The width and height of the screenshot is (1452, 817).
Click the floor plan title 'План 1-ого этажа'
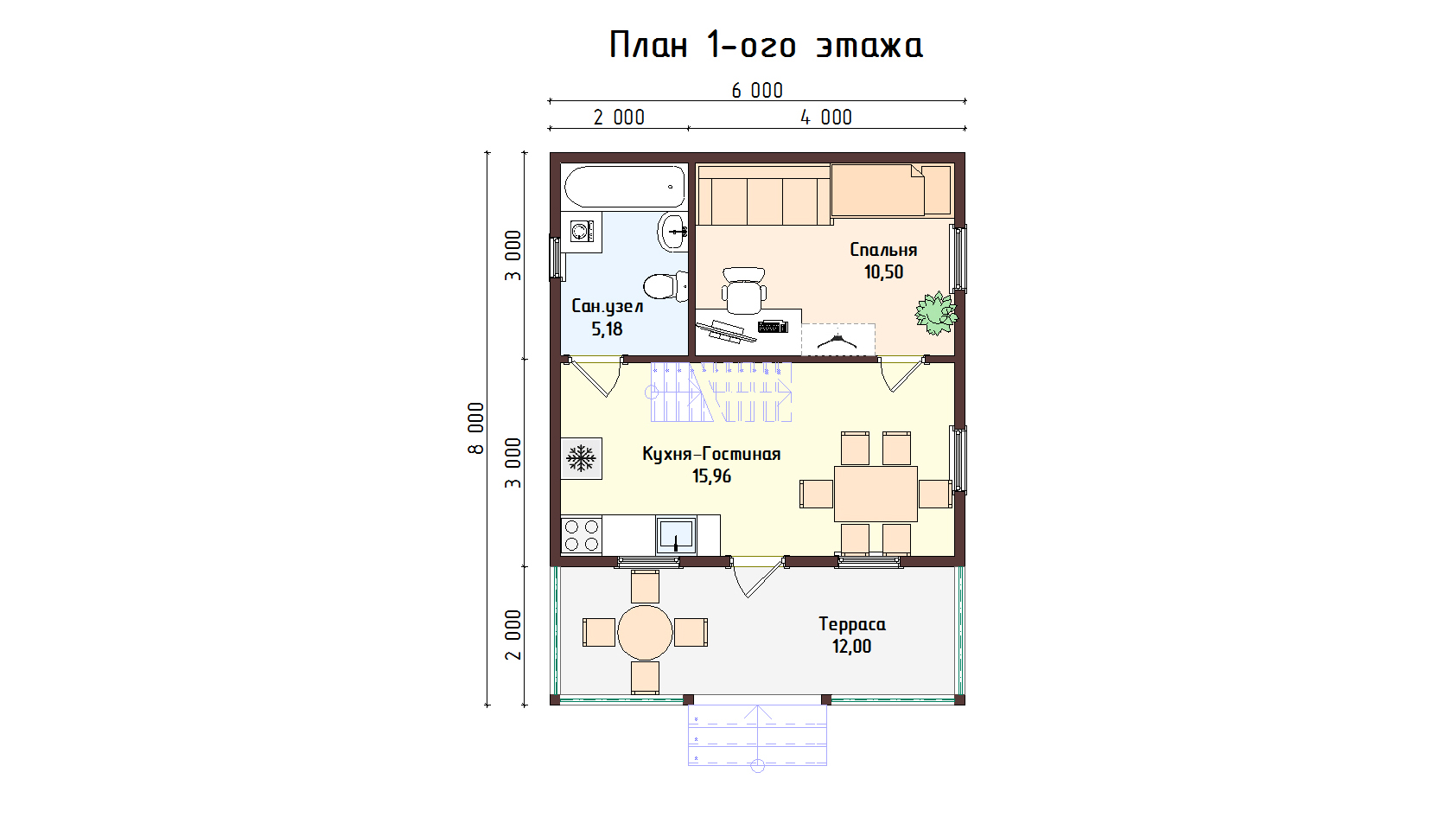(766, 45)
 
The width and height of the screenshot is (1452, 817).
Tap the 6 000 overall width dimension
(757, 91)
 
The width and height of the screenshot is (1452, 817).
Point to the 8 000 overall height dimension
(476, 428)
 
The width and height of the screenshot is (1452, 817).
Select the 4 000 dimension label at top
(826, 118)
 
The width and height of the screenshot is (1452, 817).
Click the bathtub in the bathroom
(625, 187)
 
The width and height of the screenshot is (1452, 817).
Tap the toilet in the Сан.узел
(665, 285)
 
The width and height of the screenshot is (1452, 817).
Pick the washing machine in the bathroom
(582, 232)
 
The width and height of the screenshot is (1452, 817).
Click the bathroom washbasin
(672, 231)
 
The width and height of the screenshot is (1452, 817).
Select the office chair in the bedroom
(744, 291)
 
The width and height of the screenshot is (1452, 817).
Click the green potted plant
(935, 313)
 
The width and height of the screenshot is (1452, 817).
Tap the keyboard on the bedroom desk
(773, 326)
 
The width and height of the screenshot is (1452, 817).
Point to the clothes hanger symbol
(837, 341)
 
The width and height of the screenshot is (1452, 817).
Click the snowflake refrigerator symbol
(582, 458)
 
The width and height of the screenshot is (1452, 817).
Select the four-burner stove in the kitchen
(582, 536)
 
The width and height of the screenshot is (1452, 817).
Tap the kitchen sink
(676, 536)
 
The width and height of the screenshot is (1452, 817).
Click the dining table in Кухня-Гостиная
(876, 494)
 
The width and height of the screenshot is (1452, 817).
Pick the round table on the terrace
(645, 632)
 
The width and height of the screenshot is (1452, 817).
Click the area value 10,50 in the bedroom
(883, 272)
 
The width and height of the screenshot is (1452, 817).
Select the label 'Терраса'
(852, 624)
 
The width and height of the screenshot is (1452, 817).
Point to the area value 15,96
(712, 476)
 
